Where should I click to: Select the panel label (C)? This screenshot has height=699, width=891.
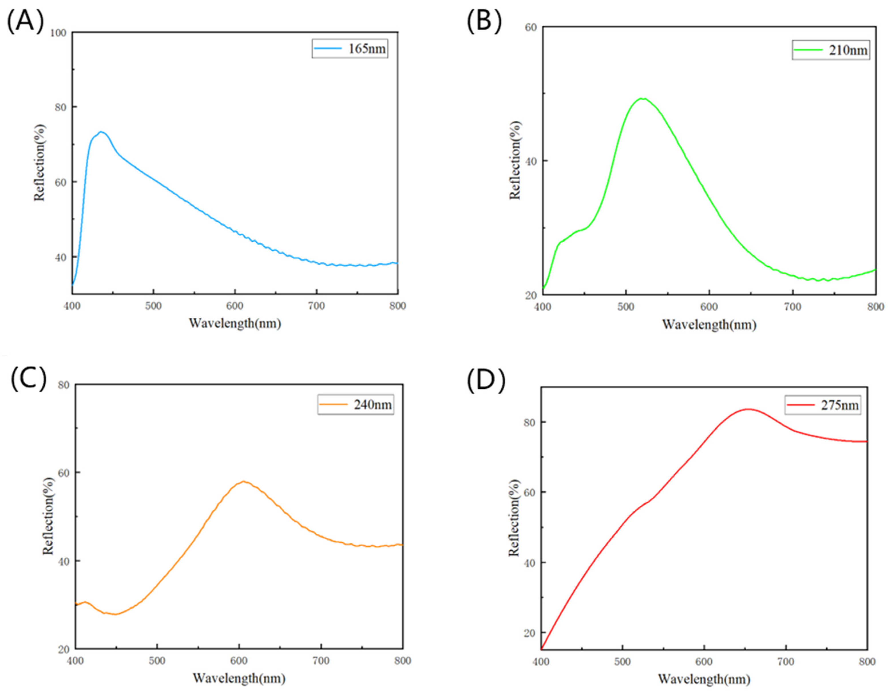click(29, 379)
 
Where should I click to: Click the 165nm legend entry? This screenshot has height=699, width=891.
click(350, 49)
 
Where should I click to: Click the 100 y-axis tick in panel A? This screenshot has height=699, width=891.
click(58, 32)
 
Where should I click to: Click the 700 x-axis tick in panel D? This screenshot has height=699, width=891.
click(785, 662)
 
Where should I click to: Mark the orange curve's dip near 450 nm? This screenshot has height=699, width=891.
click(116, 614)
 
